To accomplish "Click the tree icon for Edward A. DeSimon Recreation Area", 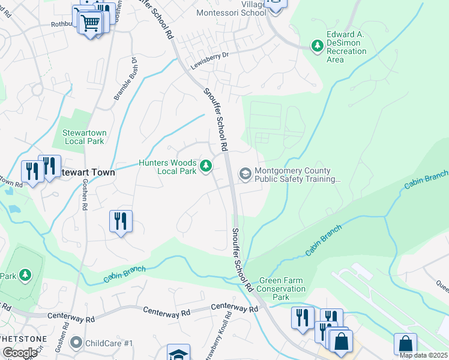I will click(x=317, y=46).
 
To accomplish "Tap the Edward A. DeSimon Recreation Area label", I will click(x=346, y=47).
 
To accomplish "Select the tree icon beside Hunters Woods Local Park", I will click(x=206, y=166).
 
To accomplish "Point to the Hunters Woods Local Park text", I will click(x=167, y=167).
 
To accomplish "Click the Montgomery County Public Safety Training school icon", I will click(x=245, y=174).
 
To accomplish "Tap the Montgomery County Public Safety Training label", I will click(x=298, y=174).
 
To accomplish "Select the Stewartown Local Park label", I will click(x=83, y=137).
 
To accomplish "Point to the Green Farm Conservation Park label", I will click(x=282, y=289).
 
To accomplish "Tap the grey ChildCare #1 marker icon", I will click(x=76, y=343).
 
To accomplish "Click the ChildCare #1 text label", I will click(x=109, y=343).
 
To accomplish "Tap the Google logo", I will click(x=19, y=353).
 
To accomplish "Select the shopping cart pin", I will click(x=91, y=23).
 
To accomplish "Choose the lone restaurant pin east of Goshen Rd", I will click(x=121, y=221).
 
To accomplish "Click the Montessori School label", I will click(x=231, y=12).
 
